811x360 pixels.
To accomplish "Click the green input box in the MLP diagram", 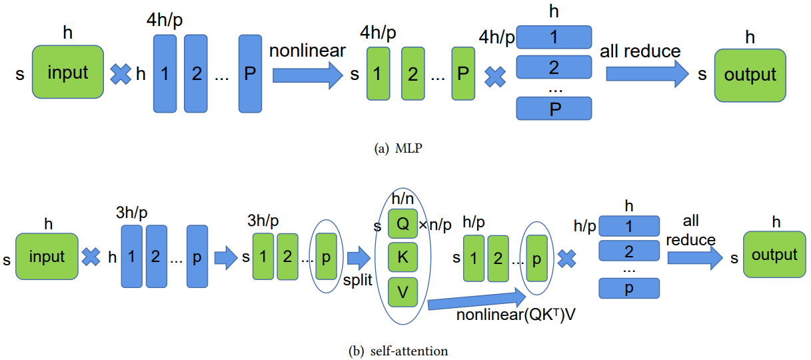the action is click(x=68, y=72).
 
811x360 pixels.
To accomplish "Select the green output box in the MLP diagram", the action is click(x=750, y=75).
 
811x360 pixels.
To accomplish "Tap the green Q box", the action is click(x=403, y=223).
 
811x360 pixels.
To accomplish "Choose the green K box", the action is click(x=403, y=257).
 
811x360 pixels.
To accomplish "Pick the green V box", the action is click(x=403, y=292).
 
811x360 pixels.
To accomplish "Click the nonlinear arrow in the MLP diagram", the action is click(x=307, y=75).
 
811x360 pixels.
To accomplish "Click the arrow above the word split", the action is click(x=359, y=258).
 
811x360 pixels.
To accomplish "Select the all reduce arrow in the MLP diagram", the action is click(x=647, y=74).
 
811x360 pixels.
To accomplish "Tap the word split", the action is click(x=357, y=280).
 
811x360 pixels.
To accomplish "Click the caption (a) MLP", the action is click(x=399, y=148).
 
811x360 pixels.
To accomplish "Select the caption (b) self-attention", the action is click(x=399, y=351).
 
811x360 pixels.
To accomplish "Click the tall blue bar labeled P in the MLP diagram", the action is click(x=250, y=73).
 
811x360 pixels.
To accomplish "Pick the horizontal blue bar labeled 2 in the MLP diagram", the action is click(x=554, y=67).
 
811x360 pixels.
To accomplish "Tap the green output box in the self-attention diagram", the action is click(x=774, y=255).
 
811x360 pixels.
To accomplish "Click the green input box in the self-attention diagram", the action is click(x=47, y=257).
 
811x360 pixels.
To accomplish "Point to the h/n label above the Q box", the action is click(x=403, y=199).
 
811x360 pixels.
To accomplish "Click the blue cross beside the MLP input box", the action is click(x=121, y=74).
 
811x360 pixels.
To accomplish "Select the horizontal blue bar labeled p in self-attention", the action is click(x=629, y=288).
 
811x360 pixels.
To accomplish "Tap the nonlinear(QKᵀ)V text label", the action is click(x=516, y=315).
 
